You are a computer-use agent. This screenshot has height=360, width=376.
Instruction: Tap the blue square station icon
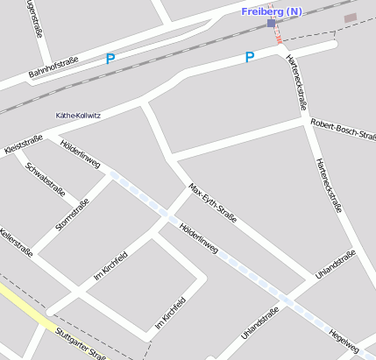pos(272,24)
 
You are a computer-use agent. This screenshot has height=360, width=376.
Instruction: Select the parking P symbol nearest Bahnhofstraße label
pos(110,59)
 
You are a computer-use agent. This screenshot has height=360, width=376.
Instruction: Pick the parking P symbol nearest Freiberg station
pos(249,57)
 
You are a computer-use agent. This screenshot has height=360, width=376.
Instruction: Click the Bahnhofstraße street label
pos(53,67)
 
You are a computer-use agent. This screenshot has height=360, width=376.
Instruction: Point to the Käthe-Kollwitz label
pos(79,115)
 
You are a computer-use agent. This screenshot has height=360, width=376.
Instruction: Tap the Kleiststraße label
pos(24,141)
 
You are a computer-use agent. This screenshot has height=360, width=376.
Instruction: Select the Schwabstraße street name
pos(46,179)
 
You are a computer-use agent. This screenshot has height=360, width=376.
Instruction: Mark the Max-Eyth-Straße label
pos(212,203)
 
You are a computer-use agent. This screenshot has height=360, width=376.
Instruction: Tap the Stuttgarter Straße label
pos(80,342)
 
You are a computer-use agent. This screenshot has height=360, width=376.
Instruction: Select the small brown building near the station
pos(350,18)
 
